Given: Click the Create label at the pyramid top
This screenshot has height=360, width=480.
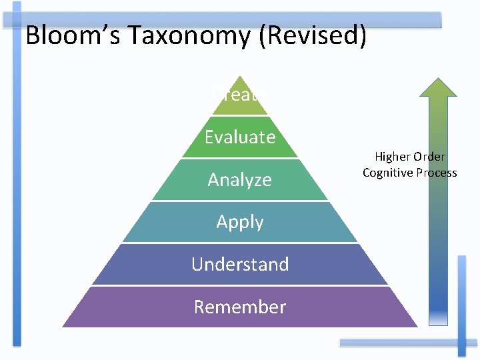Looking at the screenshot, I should click(x=240, y=95).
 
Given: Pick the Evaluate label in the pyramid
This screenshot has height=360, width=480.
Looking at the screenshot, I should click(x=240, y=137).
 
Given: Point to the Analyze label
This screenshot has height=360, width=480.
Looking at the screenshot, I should click(x=240, y=179).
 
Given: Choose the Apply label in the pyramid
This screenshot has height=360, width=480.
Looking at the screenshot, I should click(x=240, y=222).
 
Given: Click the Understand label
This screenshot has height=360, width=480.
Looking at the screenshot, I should click(x=240, y=264).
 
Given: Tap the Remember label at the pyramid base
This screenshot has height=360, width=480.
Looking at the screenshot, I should click(x=240, y=307).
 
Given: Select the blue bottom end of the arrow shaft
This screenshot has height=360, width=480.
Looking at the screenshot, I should click(x=438, y=313).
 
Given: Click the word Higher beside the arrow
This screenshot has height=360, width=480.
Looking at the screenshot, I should click(x=392, y=157).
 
